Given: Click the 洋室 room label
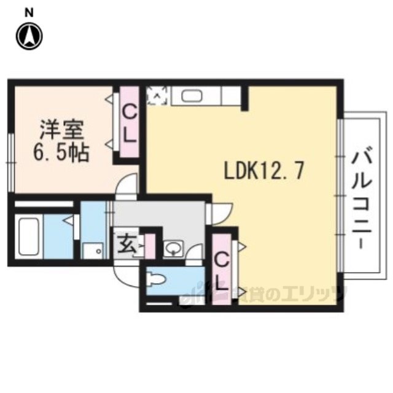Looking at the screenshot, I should [61, 130].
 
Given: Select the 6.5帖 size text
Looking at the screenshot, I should [61, 152].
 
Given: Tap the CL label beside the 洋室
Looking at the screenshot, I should [130, 123].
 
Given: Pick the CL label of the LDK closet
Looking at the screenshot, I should [222, 271].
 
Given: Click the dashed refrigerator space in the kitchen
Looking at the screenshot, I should [158, 96].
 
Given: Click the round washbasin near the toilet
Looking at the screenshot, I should [174, 249].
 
